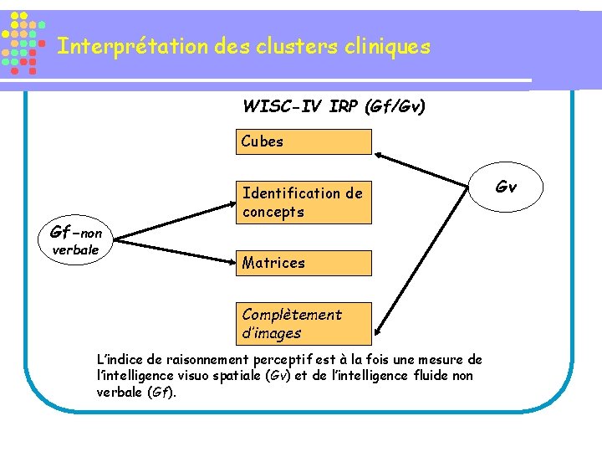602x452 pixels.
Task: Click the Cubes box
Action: click(x=303, y=141)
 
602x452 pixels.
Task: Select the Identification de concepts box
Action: click(x=303, y=203)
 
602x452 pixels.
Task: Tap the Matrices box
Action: click(x=303, y=263)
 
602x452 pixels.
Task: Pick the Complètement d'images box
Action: click(x=303, y=324)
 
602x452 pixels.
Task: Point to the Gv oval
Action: click(x=506, y=187)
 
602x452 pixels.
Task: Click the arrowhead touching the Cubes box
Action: click(x=379, y=154)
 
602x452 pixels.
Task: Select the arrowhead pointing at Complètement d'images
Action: click(x=379, y=332)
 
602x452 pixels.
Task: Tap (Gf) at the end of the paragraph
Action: click(x=161, y=392)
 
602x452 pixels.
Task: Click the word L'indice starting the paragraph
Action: click(x=122, y=360)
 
